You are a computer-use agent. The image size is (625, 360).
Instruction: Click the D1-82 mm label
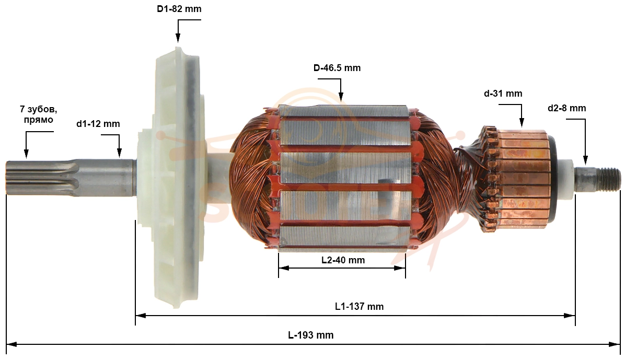[x=179, y=9]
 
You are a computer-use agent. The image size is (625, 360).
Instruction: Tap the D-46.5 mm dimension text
[x=337, y=68]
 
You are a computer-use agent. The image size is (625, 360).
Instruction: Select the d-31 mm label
[x=503, y=94]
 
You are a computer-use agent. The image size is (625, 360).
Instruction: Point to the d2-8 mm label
[x=567, y=108]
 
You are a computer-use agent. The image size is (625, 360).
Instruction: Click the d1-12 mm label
[x=98, y=124]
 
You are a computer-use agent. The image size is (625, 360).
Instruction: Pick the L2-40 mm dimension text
[x=343, y=260]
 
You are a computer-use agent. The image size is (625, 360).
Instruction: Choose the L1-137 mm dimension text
[x=359, y=306]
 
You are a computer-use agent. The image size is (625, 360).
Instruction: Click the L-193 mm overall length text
[x=311, y=335]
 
